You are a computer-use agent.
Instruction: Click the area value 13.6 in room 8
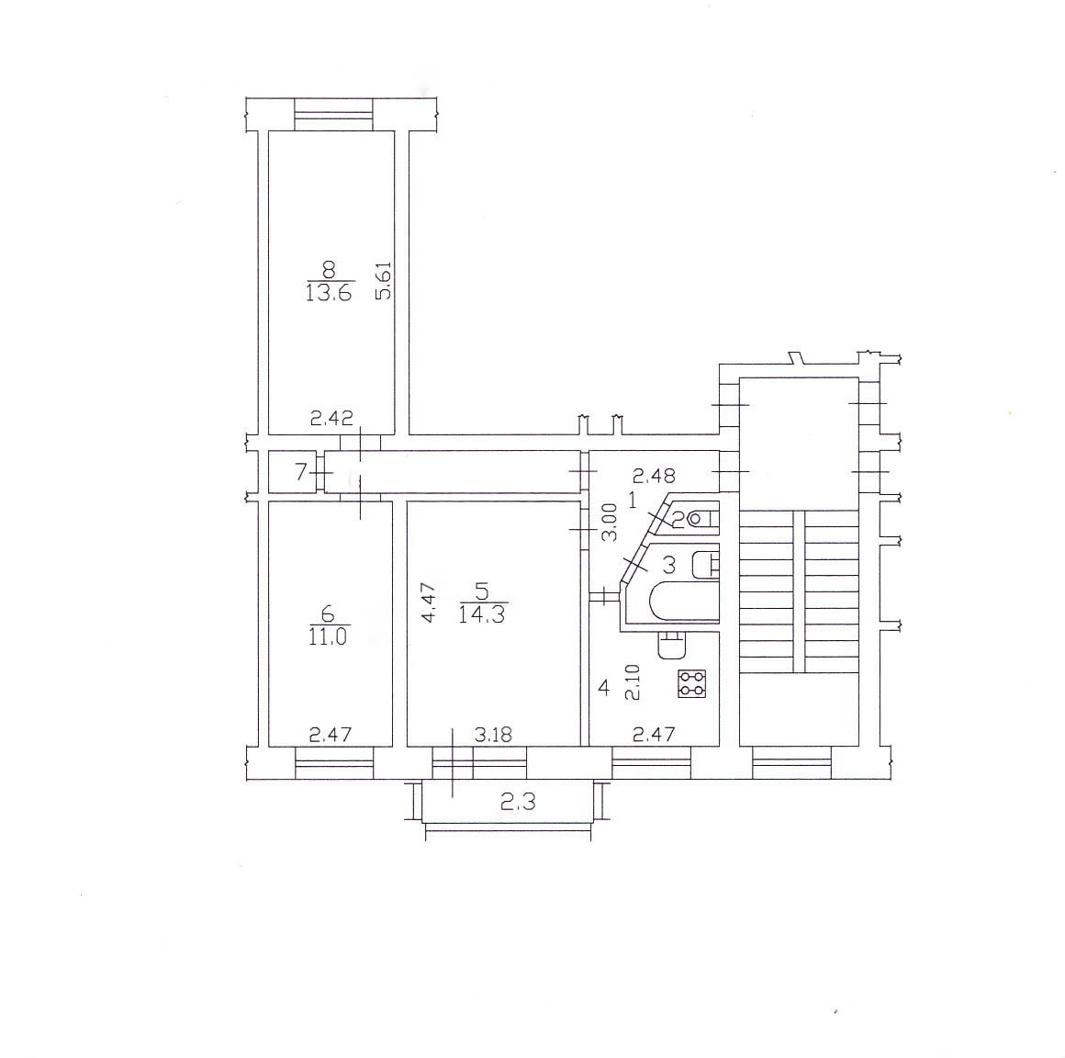pos(329,293)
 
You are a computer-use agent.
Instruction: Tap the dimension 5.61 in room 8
pos(384,281)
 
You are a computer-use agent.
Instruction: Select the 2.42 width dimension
pos(331,418)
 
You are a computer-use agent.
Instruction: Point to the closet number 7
pos(301,471)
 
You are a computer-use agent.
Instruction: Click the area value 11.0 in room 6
pos(328,636)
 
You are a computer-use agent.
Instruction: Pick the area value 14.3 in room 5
pos(482,615)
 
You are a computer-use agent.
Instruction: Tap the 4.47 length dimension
pos(430,602)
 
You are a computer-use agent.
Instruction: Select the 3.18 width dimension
pos(493,735)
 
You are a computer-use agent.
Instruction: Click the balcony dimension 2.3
pos(518,803)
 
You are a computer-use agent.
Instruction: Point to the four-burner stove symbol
pos(692,683)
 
